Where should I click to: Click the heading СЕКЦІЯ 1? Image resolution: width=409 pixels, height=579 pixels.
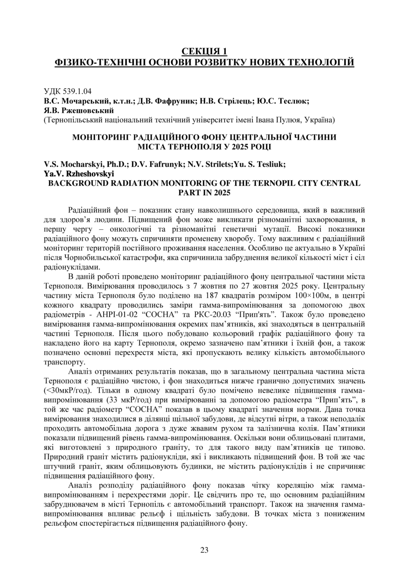click(204, 50)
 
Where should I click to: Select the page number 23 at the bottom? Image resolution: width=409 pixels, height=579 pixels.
click(204, 550)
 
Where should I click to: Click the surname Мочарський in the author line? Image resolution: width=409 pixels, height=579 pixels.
click(82, 101)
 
